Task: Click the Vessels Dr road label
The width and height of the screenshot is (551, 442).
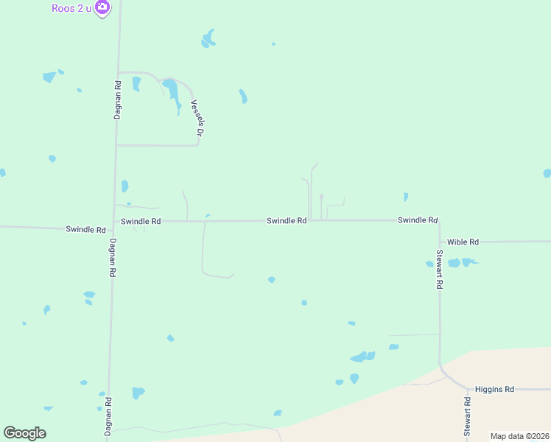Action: click(x=195, y=118)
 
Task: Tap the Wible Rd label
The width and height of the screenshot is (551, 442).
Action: click(x=463, y=242)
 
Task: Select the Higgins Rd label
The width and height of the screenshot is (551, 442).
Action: click(x=494, y=389)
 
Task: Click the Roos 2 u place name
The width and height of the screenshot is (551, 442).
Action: click(x=71, y=8)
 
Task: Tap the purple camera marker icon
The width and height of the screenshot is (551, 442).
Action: click(x=102, y=8)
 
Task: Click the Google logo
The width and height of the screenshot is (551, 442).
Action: click(x=24, y=433)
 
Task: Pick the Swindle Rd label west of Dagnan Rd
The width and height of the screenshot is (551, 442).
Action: click(x=85, y=230)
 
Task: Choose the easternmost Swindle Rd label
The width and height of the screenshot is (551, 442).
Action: click(x=418, y=220)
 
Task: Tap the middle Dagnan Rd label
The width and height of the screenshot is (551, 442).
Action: click(x=113, y=257)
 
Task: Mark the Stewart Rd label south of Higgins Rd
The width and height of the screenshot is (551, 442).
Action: click(x=467, y=418)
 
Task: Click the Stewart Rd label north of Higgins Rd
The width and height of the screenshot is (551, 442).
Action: click(x=439, y=270)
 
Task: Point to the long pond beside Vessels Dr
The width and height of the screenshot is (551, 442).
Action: click(x=172, y=94)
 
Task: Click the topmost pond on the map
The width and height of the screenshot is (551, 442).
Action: click(x=208, y=38)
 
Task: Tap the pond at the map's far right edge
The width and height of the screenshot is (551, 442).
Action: click(x=547, y=173)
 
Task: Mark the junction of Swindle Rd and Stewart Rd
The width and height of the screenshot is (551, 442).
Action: click(x=439, y=220)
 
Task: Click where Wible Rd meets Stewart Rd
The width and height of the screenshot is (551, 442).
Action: click(x=440, y=242)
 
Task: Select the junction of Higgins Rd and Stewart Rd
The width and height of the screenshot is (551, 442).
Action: click(x=467, y=389)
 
